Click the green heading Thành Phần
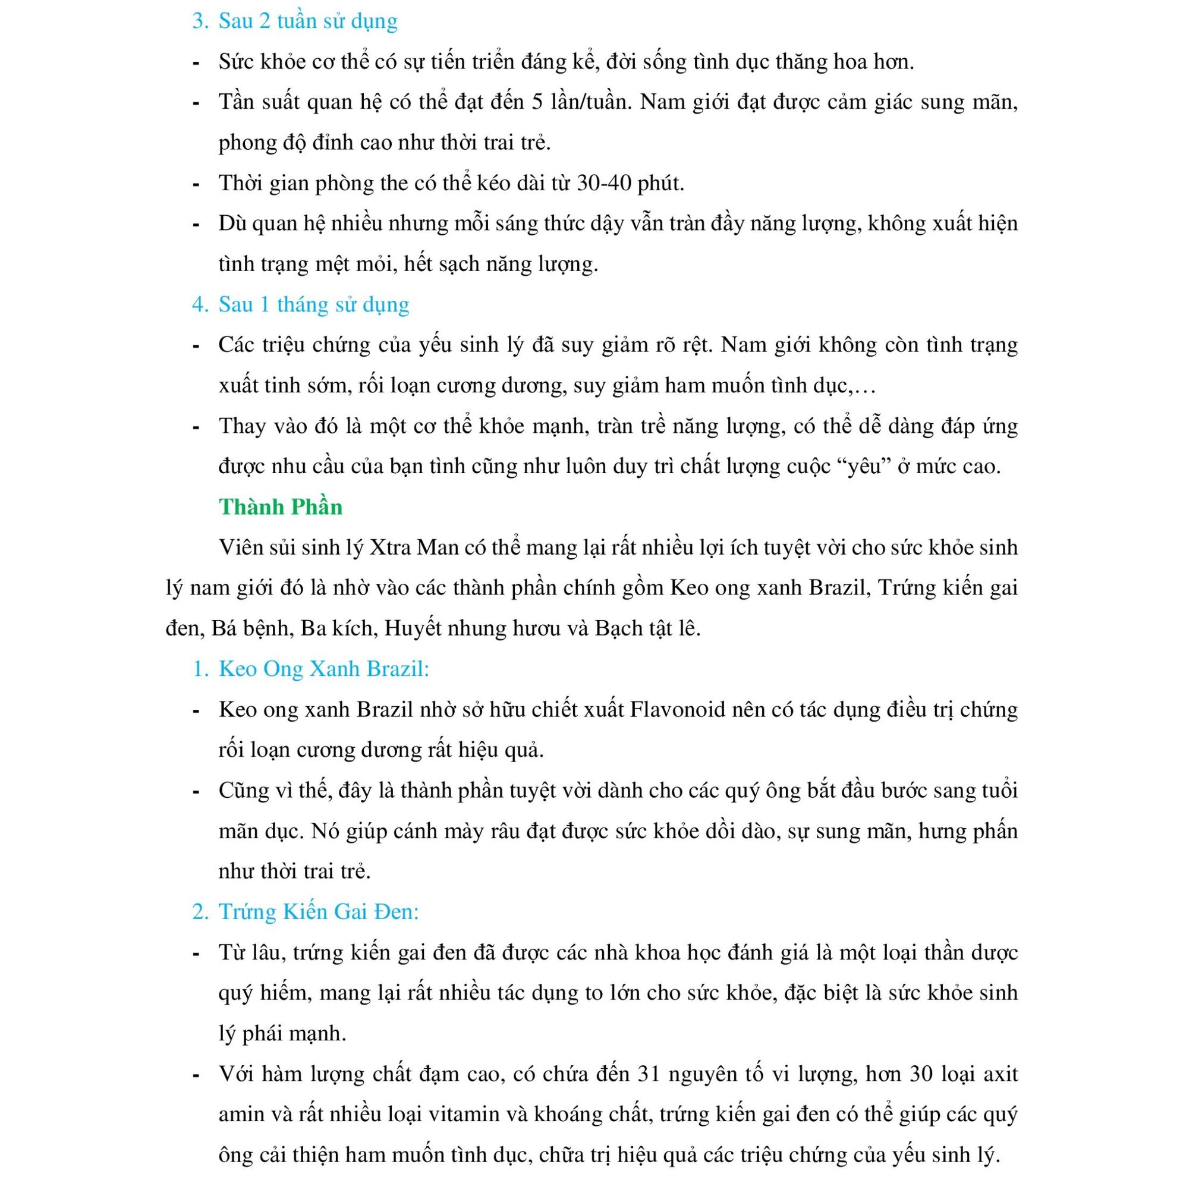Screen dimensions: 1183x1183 point(281,507)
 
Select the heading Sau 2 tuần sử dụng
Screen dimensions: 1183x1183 point(307,21)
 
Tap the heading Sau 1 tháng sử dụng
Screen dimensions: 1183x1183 point(313,304)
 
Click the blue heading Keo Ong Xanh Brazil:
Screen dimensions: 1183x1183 point(324,669)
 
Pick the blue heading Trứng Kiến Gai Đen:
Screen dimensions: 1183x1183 point(319,912)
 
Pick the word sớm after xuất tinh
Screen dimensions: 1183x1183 point(323,386)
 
